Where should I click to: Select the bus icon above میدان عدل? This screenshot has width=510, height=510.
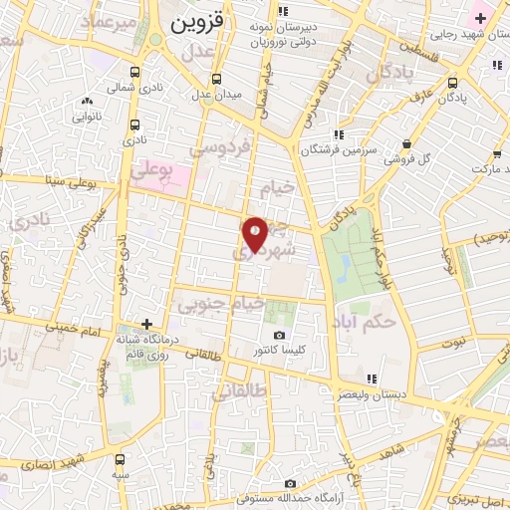point(217,79)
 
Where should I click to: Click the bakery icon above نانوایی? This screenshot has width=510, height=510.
point(88,101)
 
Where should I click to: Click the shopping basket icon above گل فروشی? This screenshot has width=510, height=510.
point(406,141)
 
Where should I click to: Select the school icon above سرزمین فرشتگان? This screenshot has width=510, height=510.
point(340,133)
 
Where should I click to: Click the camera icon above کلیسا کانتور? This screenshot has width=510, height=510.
point(279,335)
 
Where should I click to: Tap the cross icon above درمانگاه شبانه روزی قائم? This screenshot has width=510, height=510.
point(146,324)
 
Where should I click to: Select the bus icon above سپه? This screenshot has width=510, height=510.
point(121,459)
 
